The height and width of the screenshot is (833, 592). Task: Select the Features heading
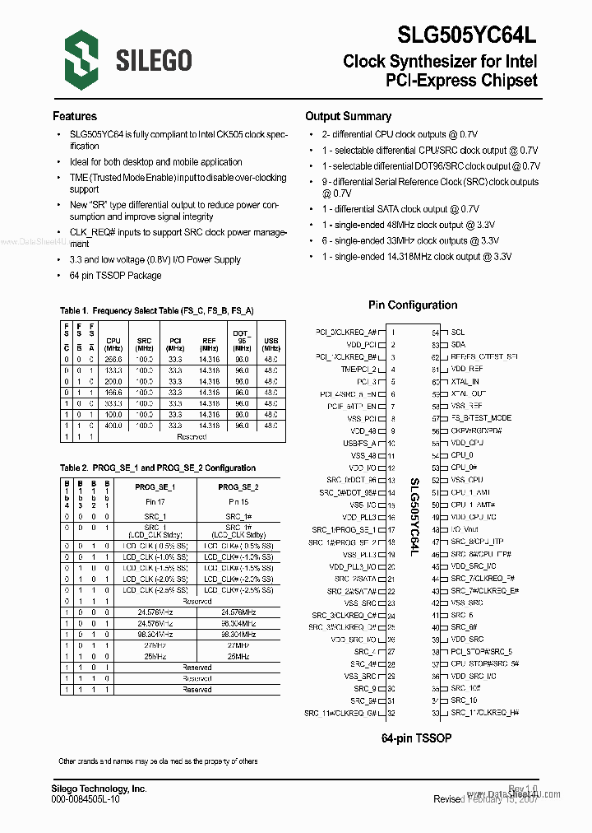(75, 116)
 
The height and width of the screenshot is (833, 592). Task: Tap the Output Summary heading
(348, 116)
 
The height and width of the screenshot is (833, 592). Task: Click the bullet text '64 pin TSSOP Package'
(115, 276)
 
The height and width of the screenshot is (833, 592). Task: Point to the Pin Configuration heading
(413, 305)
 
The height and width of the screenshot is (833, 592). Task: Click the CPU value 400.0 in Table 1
(113, 426)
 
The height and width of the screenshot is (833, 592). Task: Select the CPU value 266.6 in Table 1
(113, 360)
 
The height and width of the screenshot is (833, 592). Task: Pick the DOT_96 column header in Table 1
(242, 337)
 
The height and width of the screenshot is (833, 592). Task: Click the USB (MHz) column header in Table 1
(270, 344)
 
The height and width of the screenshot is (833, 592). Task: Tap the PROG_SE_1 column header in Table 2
(155, 487)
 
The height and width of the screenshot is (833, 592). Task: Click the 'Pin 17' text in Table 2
(155, 501)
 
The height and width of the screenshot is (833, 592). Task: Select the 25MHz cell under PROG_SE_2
(238, 656)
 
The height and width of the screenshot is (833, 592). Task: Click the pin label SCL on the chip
(458, 333)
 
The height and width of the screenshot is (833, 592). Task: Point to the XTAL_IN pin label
(465, 382)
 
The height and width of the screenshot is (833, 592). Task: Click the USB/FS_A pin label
(359, 443)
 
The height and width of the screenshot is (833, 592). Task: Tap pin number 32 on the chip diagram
(392, 713)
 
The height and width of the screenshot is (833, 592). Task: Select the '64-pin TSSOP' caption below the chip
(417, 738)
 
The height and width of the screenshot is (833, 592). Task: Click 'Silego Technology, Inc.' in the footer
(99, 789)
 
